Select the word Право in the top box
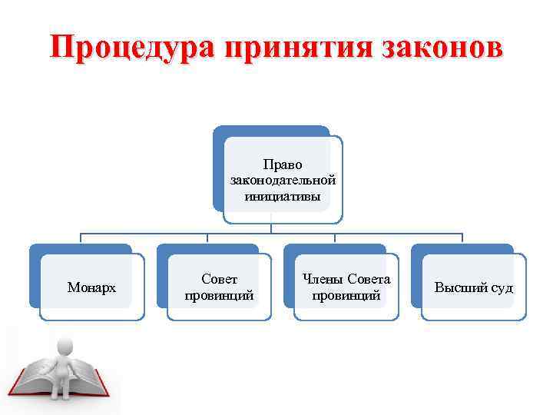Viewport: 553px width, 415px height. (x=283, y=164)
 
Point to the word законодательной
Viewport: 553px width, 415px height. (x=283, y=180)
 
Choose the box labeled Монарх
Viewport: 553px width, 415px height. (x=92, y=287)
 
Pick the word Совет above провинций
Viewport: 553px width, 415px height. (x=220, y=280)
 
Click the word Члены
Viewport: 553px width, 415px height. (x=322, y=280)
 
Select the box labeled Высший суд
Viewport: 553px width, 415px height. (x=474, y=287)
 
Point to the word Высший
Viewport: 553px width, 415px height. (x=458, y=288)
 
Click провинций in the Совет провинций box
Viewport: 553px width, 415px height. (x=220, y=295)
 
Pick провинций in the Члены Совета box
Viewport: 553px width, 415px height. (x=346, y=295)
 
